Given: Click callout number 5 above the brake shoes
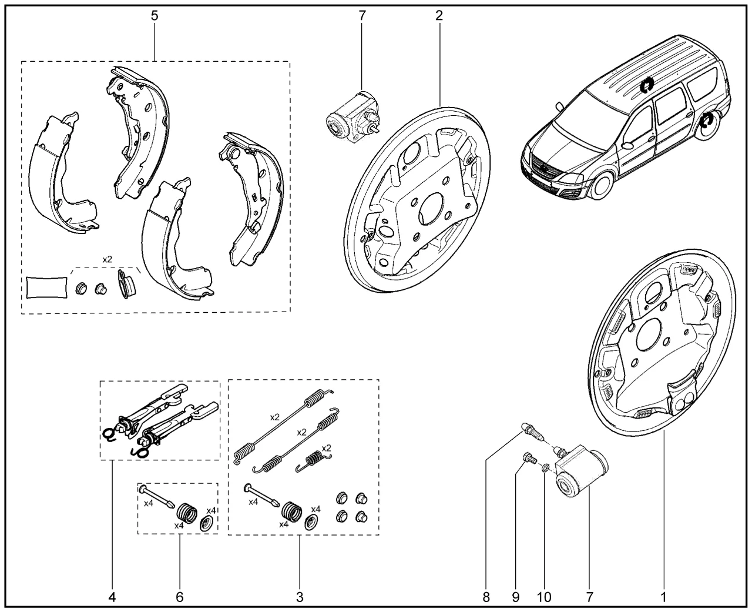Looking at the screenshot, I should point(155,16).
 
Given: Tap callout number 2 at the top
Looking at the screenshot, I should point(439,16).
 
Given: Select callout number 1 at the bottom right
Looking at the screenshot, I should point(663,597).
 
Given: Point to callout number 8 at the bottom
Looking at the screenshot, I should point(486,597).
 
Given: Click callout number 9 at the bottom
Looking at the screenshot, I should point(515,597).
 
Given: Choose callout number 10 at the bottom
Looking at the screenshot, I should point(544,597).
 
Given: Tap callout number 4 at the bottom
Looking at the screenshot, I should point(112,597).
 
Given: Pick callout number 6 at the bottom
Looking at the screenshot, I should point(180,597).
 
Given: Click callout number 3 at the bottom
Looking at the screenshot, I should point(300,597).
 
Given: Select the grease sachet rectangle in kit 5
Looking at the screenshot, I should point(46,287).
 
